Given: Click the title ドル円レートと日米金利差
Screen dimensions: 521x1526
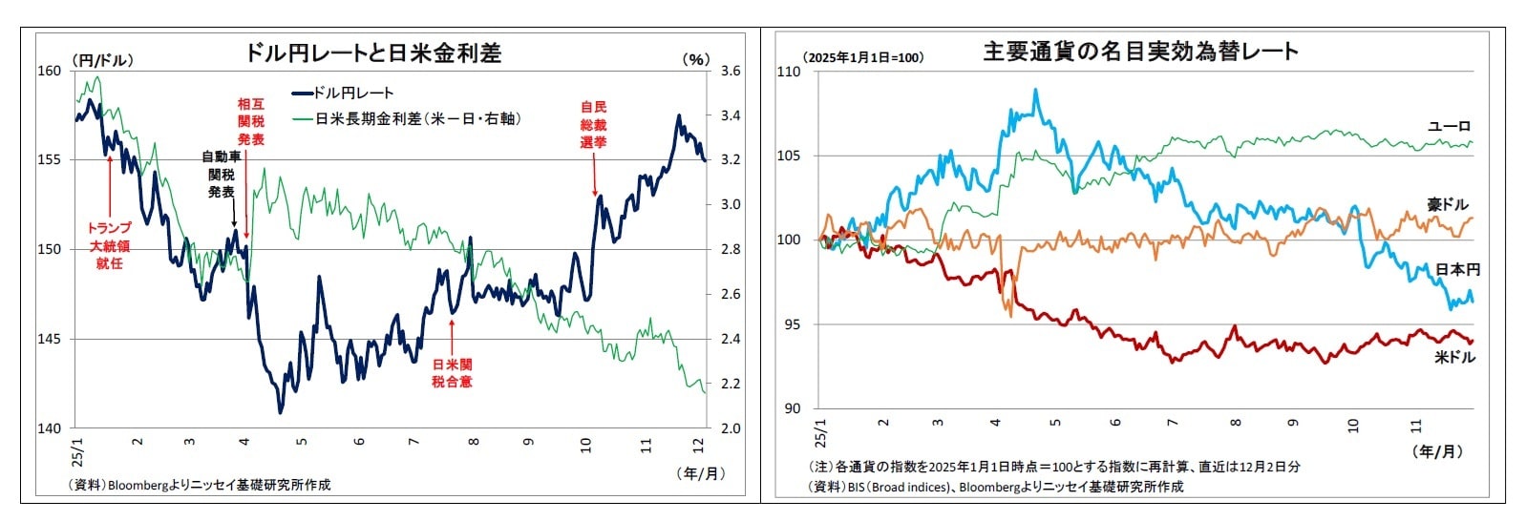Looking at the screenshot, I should [x=372, y=52].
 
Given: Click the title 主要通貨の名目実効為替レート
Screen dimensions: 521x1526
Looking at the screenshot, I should [x=1140, y=51].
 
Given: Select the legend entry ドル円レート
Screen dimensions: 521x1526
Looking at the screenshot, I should [x=353, y=93].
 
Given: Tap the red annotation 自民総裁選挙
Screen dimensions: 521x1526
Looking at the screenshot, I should [x=593, y=124].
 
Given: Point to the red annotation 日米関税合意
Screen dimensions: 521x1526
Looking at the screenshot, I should [x=452, y=372].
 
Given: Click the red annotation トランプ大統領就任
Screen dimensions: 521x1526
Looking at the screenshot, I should [x=109, y=245].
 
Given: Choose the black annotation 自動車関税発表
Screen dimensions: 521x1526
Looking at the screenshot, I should [x=221, y=174].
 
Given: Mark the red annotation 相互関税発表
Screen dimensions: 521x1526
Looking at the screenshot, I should [x=250, y=121].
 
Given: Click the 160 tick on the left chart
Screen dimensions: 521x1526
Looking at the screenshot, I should [x=50, y=71].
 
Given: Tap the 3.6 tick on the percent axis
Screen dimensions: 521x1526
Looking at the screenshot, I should [x=731, y=71].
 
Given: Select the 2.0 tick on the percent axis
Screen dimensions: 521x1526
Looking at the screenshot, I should [x=731, y=428].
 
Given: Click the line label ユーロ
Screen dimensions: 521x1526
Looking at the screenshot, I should [x=1449, y=126].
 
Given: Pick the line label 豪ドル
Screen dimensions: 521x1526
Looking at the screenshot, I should [x=1448, y=204].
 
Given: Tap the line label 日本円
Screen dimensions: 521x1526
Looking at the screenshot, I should [x=1456, y=270].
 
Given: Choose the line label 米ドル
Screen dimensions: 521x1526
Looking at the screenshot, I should [x=1454, y=357].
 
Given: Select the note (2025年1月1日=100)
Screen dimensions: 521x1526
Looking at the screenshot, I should [x=863, y=57].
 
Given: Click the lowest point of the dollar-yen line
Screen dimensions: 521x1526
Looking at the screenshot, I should [x=280, y=413].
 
